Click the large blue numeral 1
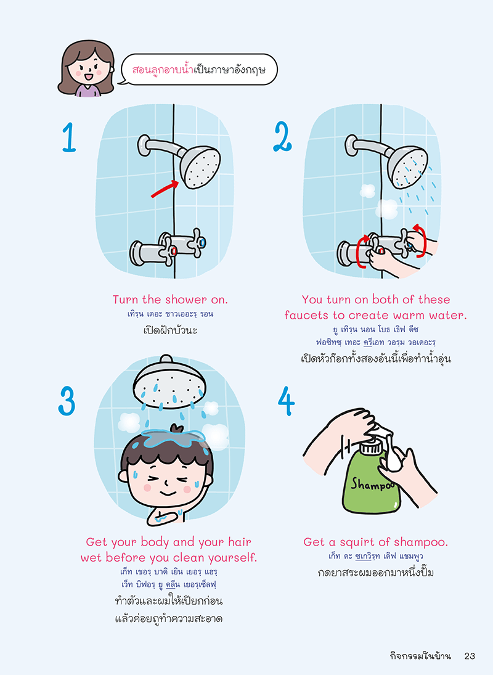(69, 137)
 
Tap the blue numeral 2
(283, 136)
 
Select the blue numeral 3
(67, 400)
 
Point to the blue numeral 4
(287, 401)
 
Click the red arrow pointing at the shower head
(165, 189)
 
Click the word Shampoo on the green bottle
(373, 484)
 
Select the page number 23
(470, 656)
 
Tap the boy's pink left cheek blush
(147, 488)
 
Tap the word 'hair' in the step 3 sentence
(240, 542)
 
